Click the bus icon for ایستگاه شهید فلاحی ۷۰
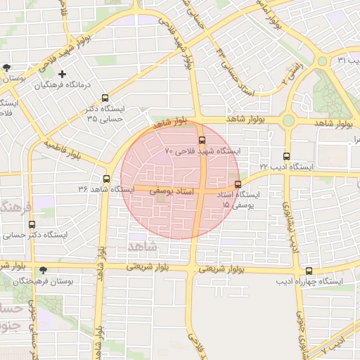pyautogui.click(x=202, y=140)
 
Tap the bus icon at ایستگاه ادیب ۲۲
pyautogui.click(x=286, y=156)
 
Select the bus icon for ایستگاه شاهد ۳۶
pyautogui.click(x=106, y=179)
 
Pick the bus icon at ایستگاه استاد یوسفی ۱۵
pyautogui.click(x=238, y=185)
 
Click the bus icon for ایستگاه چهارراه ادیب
pyautogui.click(x=309, y=271)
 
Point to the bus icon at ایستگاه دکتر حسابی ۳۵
pyautogui.click(x=105, y=98)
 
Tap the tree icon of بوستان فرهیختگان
pyautogui.click(x=44, y=270)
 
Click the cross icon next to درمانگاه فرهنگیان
pyautogui.click(x=63, y=74)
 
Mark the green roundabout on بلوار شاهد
pyautogui.click(x=288, y=121)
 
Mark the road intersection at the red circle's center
pyautogui.click(x=202, y=191)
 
